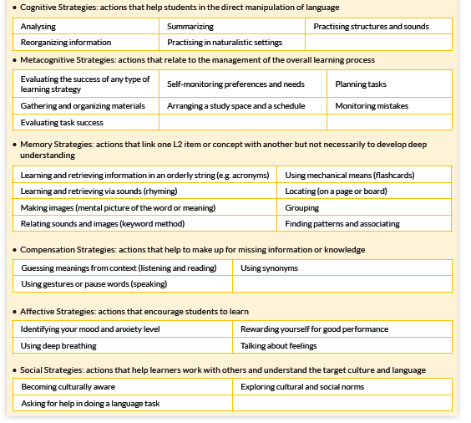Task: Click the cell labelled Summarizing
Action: pos(190,27)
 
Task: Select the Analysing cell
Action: pos(38,27)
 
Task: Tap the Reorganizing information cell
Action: pos(66,42)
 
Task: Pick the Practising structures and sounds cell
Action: pos(372,27)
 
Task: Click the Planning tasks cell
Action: pos(361,84)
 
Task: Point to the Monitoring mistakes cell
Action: pos(372,106)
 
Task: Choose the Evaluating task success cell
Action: pos(62,122)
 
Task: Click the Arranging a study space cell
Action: pos(235,106)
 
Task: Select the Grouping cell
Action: pos(301,207)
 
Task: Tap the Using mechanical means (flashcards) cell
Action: pos(350,176)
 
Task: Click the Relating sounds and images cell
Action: pos(103,223)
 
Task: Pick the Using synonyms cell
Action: pos(269,268)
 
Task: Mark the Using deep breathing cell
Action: pos(58,345)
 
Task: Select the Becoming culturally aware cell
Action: pos(68,387)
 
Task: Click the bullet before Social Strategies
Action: pos(15,369)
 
